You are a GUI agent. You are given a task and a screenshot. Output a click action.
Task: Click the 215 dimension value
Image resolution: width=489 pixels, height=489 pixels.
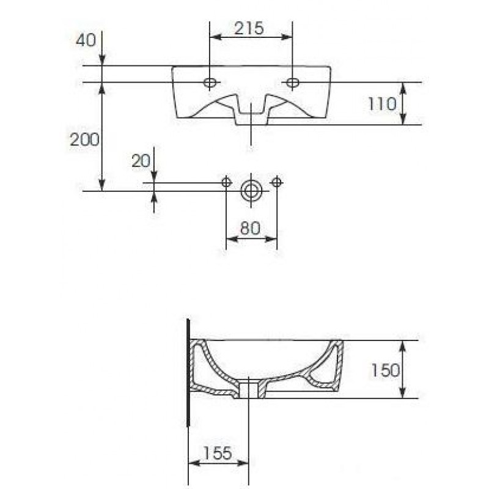coord(249,28)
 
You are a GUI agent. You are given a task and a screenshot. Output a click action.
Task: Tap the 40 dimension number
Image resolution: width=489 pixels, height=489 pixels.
coord(86,40)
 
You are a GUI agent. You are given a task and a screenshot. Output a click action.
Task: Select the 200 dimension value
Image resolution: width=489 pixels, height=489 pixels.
coord(84,139)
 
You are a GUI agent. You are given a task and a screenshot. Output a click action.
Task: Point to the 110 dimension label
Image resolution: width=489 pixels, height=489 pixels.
coord(382,104)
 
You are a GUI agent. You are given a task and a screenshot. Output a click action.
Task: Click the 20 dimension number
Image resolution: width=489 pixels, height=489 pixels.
coord(141,161)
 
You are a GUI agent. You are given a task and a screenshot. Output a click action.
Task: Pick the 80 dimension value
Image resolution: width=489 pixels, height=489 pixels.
coord(250,228)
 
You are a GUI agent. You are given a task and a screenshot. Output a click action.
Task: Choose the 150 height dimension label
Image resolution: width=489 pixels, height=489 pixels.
coord(386,370)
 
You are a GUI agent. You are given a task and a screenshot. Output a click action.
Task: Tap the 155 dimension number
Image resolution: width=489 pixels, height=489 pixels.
coord(218,453)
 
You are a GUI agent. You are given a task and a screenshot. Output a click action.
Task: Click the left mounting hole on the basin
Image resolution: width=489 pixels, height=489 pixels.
coord(210,83)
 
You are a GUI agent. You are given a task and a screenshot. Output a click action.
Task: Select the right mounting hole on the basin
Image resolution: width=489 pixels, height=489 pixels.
coord(293,83)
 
